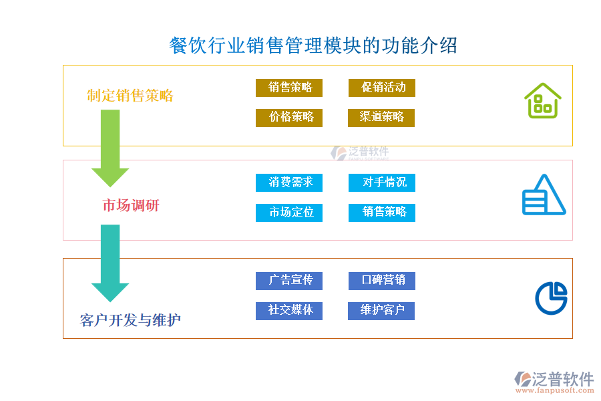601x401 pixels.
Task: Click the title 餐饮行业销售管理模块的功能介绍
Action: pyautogui.click(x=313, y=45)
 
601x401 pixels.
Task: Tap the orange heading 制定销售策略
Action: pyautogui.click(x=130, y=96)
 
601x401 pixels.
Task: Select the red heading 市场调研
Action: pyautogui.click(x=131, y=205)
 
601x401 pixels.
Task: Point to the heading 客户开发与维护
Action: pyautogui.click(x=130, y=320)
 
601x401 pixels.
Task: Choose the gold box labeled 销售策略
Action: pyautogui.click(x=289, y=88)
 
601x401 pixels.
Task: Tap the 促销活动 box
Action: pyautogui.click(x=382, y=88)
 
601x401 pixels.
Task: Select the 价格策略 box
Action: pyautogui.click(x=289, y=118)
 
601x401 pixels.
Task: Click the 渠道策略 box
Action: pyautogui.click(x=382, y=118)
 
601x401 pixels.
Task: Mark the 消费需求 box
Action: pyautogui.click(x=289, y=182)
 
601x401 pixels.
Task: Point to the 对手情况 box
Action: pyautogui.click(x=382, y=182)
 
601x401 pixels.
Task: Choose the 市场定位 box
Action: pyautogui.click(x=289, y=213)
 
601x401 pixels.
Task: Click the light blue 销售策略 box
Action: pyautogui.click(x=382, y=213)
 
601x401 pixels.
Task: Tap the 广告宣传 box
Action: pyautogui.click(x=289, y=281)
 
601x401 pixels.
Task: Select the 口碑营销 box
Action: pyautogui.click(x=382, y=281)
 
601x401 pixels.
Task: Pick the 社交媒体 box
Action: pyautogui.click(x=289, y=311)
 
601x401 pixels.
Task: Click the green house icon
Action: pyautogui.click(x=542, y=101)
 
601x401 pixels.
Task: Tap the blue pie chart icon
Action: pyautogui.click(x=551, y=297)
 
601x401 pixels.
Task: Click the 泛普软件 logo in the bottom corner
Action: pyautogui.click(x=554, y=381)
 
